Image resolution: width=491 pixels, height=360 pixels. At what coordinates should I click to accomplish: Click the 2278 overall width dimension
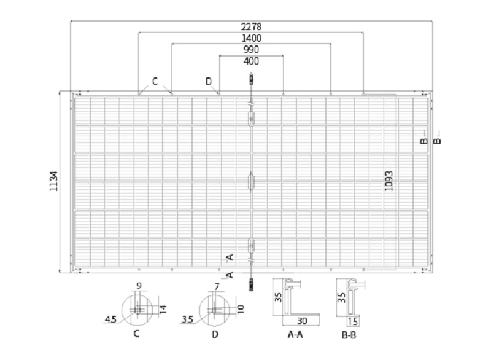(x=251, y=26)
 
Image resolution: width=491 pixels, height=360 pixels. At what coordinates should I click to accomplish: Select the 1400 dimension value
(x=252, y=38)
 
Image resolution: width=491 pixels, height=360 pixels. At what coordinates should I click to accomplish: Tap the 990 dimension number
(x=251, y=50)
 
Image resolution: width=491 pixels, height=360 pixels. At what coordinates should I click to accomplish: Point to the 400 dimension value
(x=251, y=61)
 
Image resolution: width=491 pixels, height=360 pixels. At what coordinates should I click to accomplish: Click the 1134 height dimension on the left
(x=54, y=181)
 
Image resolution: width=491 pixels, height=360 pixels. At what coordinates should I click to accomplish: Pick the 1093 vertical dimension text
(x=389, y=181)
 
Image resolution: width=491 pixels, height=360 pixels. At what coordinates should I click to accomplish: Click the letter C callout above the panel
(x=155, y=82)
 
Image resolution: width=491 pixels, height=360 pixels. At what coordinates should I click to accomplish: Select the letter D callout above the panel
(x=209, y=82)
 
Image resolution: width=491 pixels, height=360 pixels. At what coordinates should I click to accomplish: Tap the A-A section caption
(x=295, y=335)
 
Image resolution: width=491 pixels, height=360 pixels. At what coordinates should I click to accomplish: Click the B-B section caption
(x=349, y=335)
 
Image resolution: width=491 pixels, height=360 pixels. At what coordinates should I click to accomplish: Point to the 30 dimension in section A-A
(x=302, y=321)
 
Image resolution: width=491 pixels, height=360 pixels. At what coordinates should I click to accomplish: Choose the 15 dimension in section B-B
(x=352, y=321)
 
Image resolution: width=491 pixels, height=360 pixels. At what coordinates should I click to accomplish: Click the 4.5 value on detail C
(x=110, y=319)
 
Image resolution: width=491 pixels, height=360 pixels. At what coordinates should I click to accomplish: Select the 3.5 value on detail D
(x=187, y=319)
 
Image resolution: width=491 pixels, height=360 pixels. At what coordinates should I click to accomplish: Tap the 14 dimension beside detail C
(x=163, y=309)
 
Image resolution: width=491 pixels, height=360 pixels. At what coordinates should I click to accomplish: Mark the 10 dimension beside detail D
(x=241, y=309)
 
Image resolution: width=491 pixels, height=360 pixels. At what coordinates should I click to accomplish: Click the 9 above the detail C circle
(x=139, y=286)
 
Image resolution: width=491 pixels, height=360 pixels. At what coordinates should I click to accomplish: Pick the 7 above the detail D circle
(x=217, y=286)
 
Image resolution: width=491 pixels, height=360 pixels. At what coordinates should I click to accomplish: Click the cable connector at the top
(x=251, y=79)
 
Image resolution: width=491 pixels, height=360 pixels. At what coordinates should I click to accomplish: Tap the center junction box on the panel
(x=251, y=181)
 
